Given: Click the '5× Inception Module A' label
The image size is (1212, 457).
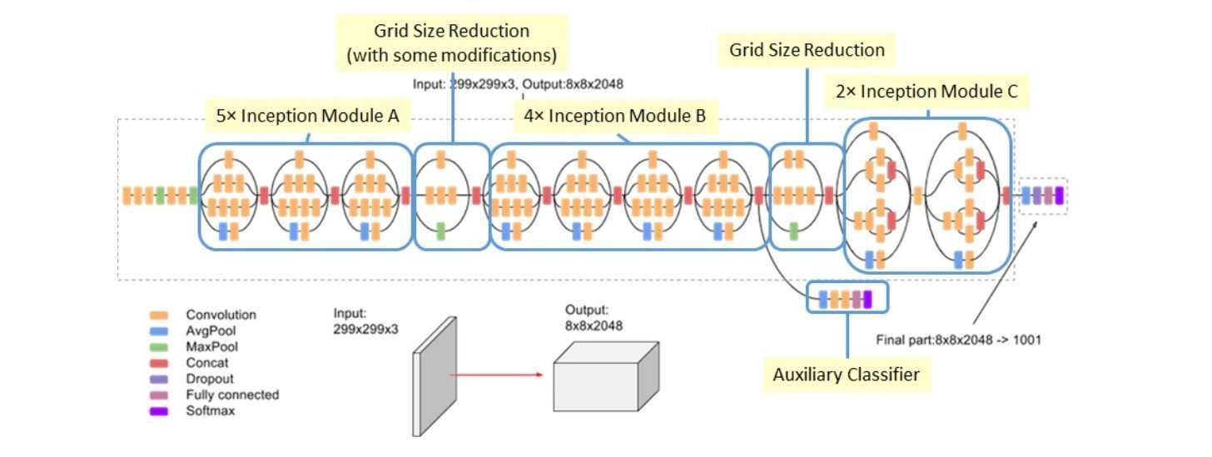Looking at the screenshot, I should click(x=308, y=117).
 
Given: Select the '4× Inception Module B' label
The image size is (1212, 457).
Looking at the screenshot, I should click(x=614, y=117).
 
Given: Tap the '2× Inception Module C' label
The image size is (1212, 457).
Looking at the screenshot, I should click(x=926, y=92).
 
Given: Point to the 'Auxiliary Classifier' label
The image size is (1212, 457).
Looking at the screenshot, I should click(x=847, y=375).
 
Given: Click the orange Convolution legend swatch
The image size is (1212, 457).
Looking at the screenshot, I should click(x=158, y=315).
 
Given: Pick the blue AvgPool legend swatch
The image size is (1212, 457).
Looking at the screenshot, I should click(x=158, y=331).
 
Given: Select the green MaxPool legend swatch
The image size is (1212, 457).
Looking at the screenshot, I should click(x=158, y=347).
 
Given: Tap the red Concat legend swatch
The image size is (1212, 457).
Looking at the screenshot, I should click(x=158, y=363).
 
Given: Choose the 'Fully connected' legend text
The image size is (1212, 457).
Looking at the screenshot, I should click(x=232, y=395).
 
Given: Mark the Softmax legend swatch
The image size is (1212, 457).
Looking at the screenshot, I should click(x=158, y=410).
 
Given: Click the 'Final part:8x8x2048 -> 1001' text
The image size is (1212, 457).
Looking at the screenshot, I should click(x=960, y=340).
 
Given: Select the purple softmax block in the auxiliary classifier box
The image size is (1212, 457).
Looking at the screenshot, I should click(x=868, y=299).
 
